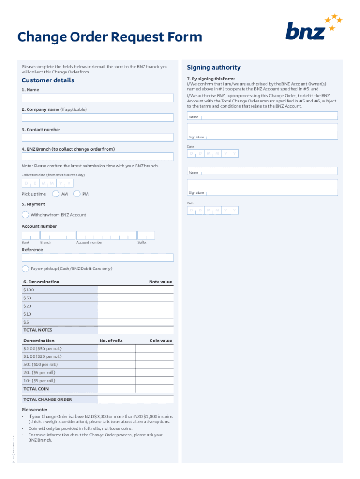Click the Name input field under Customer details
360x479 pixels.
[98, 98]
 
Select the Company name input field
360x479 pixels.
[98, 117]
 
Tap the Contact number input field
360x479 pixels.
[98, 137]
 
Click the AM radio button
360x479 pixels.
[56, 194]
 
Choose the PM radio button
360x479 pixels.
[77, 194]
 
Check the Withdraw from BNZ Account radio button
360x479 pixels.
[25, 215]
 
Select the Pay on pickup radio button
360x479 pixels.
[25, 269]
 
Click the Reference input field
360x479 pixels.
[98, 258]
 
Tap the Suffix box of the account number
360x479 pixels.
[146, 235]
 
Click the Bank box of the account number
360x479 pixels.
[30, 235]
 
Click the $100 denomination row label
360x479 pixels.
[29, 290]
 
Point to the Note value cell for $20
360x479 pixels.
[136, 306]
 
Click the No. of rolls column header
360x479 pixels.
[111, 341]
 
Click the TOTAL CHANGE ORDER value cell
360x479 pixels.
[136, 399]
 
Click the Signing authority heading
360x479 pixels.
[214, 67]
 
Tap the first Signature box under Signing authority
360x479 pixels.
[262, 131]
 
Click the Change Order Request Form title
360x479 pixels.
[109, 37]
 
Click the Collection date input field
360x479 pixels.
[48, 183]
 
